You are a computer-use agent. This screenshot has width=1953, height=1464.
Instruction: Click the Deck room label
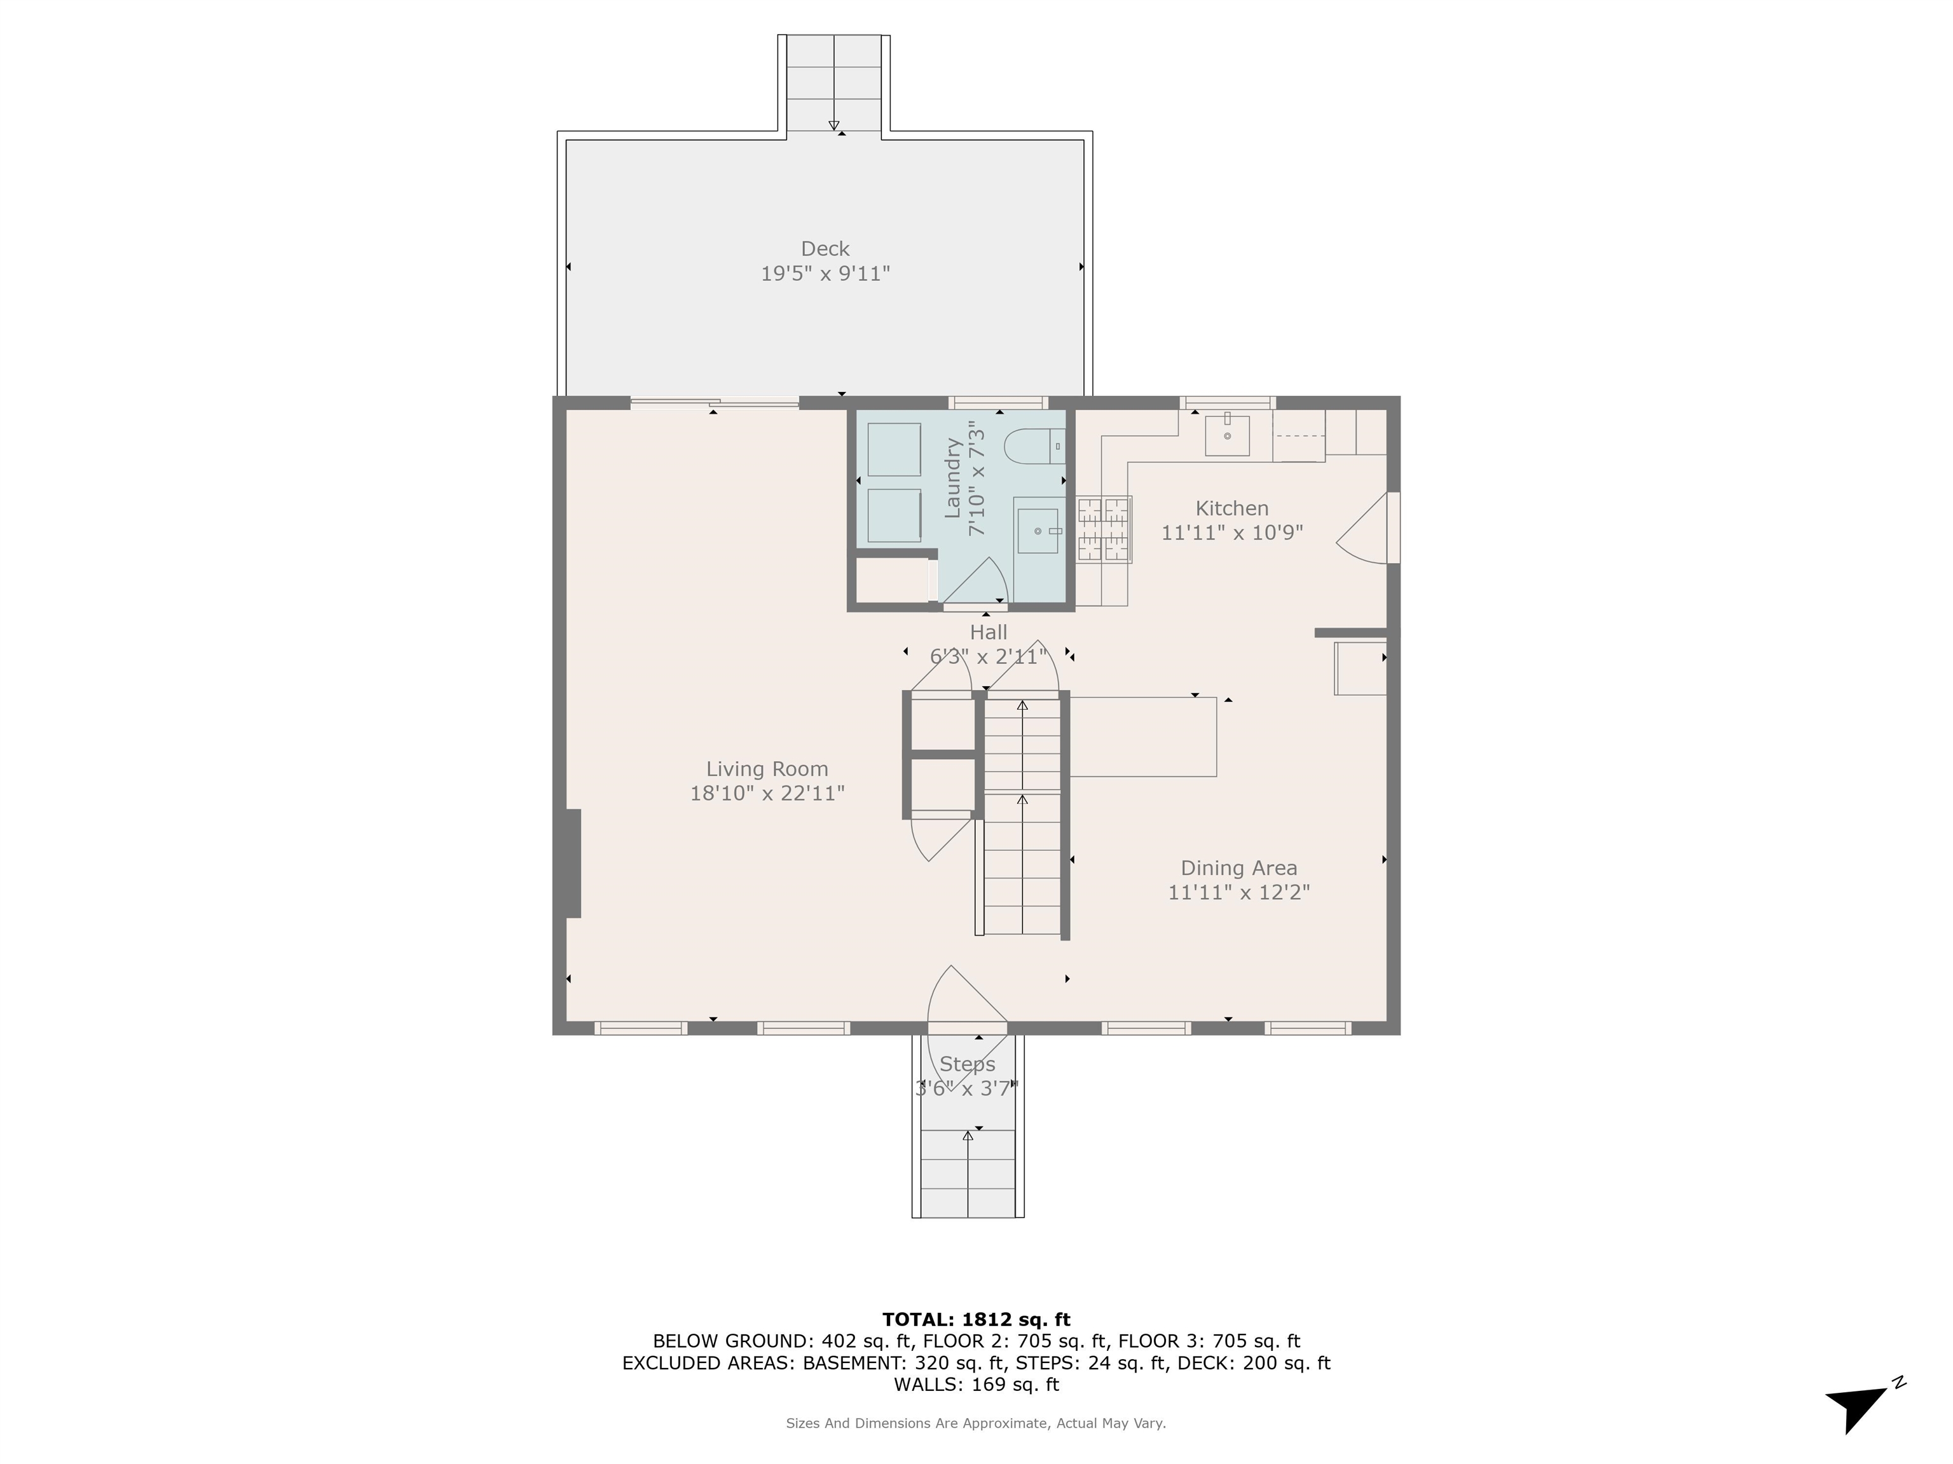coord(825,249)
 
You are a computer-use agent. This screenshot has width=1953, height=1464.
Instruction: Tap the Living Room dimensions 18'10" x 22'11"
coord(766,794)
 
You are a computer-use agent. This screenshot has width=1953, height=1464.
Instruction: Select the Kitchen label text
coord(1231,508)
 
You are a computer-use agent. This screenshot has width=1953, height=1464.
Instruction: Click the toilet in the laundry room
coord(1033,447)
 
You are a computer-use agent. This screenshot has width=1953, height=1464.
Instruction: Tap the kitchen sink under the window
coord(1227,435)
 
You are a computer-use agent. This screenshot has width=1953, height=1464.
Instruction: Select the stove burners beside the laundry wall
coord(1104,529)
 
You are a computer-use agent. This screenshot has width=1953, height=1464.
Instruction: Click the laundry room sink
coord(1038,531)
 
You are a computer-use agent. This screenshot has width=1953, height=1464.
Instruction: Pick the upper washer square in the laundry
coord(893,449)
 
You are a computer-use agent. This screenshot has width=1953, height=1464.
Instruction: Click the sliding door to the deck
coord(715,403)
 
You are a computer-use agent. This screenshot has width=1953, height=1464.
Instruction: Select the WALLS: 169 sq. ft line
coord(976,1385)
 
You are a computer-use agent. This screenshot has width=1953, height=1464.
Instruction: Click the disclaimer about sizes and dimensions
coord(976,1423)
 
